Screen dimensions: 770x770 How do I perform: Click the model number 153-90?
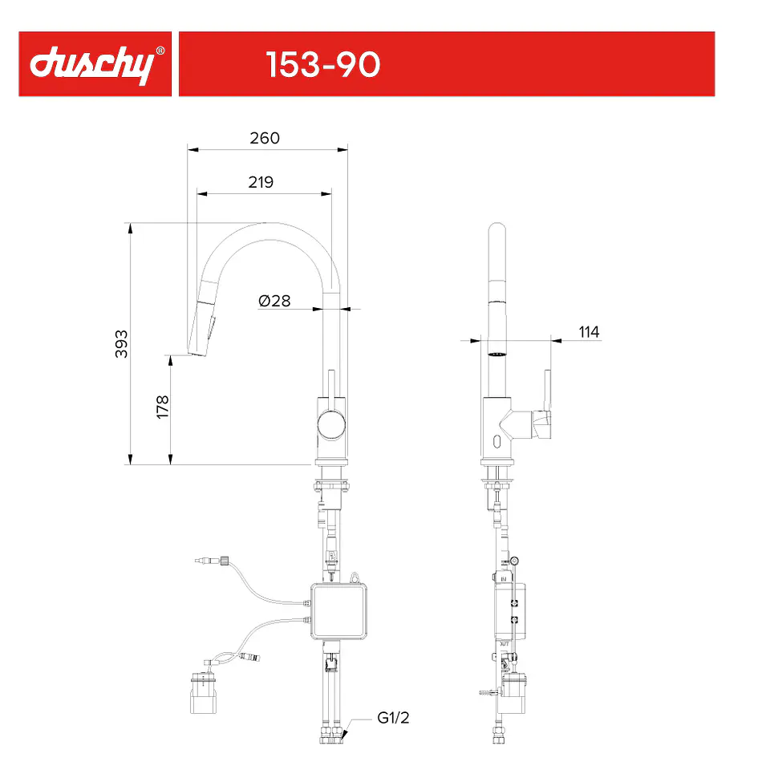click(322, 64)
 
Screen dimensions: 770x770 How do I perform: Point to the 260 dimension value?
click(265, 138)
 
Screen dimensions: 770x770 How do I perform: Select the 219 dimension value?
click(261, 182)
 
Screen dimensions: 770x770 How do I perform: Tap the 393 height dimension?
click(121, 344)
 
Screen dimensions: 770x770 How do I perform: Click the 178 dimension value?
click(163, 407)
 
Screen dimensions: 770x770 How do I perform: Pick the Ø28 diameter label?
click(274, 301)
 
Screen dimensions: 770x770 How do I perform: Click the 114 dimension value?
click(589, 332)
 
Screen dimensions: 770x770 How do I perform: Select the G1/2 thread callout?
click(393, 717)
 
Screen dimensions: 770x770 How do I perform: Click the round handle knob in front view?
click(331, 425)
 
